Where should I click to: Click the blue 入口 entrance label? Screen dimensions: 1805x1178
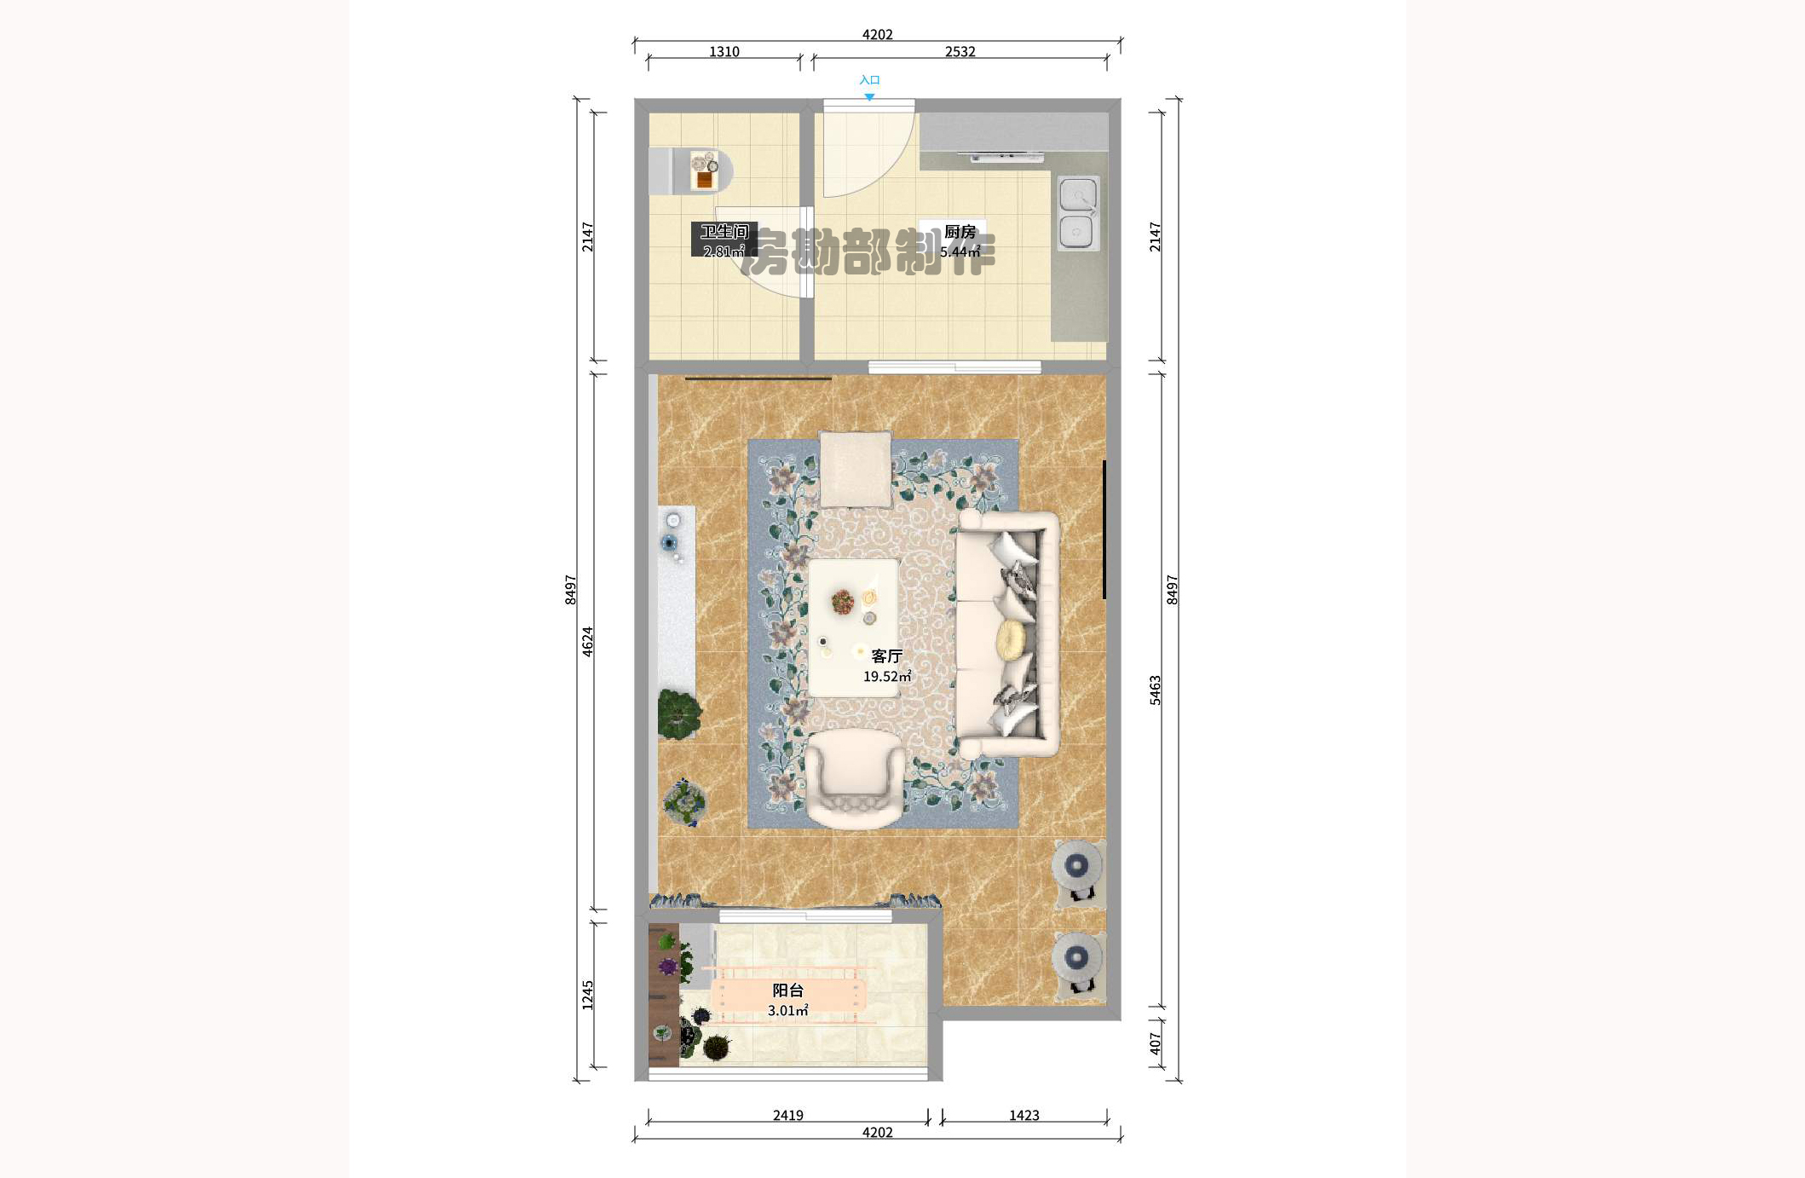pos(869,80)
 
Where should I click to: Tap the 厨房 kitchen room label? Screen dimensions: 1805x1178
pos(960,232)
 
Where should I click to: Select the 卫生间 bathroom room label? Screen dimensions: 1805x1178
pos(724,231)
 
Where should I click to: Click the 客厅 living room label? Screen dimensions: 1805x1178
pos(886,656)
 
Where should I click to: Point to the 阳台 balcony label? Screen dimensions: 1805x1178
pos(787,990)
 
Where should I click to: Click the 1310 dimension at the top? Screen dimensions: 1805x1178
pos(724,52)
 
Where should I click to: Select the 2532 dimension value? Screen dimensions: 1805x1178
pos(960,52)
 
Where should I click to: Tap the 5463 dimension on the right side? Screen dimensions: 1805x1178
pos(1155,690)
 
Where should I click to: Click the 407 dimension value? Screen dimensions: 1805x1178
pos(1155,1044)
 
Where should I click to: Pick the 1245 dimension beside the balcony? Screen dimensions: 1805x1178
pos(587,996)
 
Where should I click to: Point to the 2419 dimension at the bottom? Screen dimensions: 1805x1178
pos(787,1115)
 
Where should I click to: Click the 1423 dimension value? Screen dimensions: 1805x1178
pos(1024,1115)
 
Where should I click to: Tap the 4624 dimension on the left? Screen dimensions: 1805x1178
pos(587,642)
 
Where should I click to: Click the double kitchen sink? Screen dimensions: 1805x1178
pos(1078,213)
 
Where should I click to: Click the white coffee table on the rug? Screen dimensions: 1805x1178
pos(854,628)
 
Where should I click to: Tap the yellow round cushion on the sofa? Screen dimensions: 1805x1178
pos(1011,640)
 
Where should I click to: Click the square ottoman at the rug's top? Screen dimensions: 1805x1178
pos(856,470)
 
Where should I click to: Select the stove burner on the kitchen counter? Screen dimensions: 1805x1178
pos(1006,156)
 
